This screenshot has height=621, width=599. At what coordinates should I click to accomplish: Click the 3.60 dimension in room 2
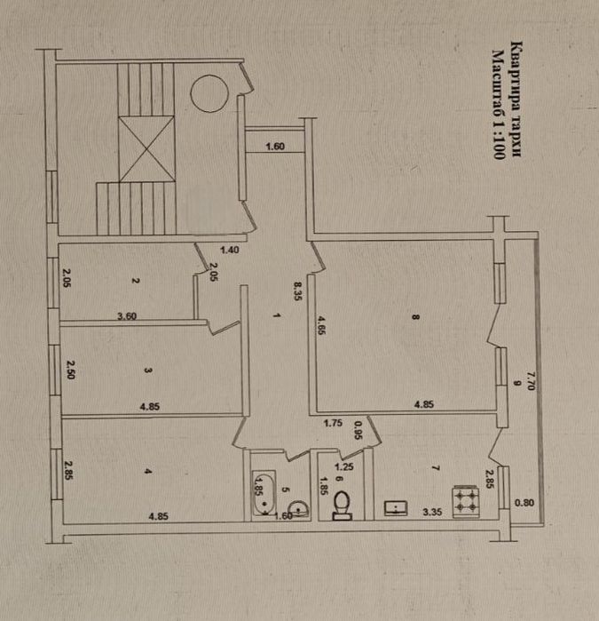[131, 315]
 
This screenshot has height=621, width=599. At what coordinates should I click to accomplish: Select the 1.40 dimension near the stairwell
[228, 251]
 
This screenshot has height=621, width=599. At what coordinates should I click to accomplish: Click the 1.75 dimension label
[334, 424]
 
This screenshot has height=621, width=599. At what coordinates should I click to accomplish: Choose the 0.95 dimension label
[358, 429]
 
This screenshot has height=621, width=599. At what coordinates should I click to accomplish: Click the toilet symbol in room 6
[342, 506]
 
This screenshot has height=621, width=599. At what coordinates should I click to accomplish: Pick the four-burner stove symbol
[467, 500]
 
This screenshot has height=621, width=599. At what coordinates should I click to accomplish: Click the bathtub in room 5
[264, 493]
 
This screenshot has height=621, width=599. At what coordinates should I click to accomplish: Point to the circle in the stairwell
[212, 92]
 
